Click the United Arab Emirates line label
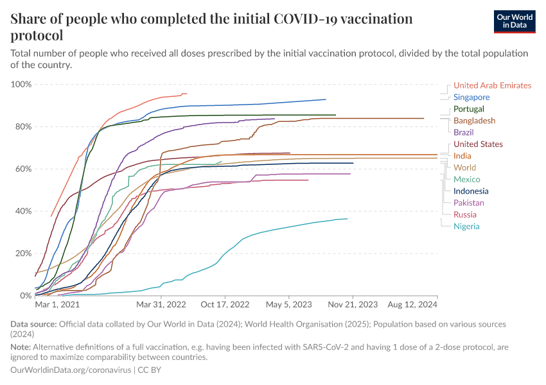[492, 85]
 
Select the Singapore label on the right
[471, 98]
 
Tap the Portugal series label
[469, 109]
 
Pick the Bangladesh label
[474, 121]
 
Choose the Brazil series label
[464, 132]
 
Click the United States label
[478, 144]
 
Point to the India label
[462, 156]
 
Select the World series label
[464, 167]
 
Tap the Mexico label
[466, 180]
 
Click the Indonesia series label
[471, 191]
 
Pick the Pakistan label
[469, 203]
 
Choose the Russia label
[465, 214]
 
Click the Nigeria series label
[466, 226]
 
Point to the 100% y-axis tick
[21, 85]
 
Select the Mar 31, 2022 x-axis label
[161, 305]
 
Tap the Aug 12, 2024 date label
[411, 305]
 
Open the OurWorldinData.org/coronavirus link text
[71, 370]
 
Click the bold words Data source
[34, 325]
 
